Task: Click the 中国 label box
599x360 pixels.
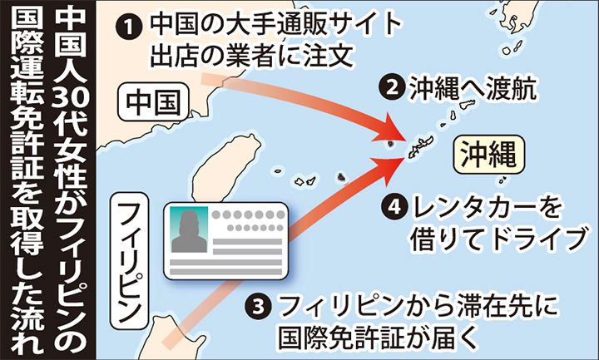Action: pos(156,101)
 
